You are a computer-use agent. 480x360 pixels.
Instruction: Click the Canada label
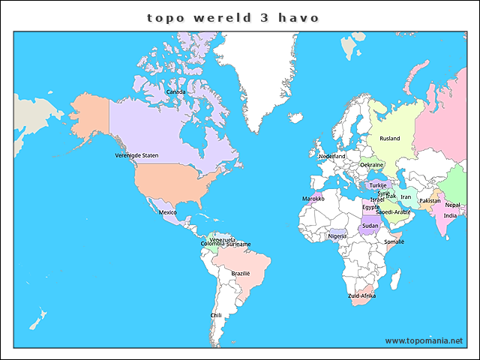click(175, 92)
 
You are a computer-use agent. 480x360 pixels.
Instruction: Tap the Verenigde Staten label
click(136, 155)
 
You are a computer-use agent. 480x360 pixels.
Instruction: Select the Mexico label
click(167, 212)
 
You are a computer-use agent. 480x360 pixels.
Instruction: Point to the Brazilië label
click(241, 274)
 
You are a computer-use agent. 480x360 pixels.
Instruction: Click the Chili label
click(216, 316)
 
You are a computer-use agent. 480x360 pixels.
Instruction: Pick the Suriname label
click(238, 244)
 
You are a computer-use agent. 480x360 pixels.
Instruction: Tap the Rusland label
click(390, 139)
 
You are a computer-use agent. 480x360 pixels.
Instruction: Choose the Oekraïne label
click(372, 165)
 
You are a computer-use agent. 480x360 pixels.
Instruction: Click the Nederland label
click(332, 156)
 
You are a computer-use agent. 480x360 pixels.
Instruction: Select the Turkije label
click(378, 185)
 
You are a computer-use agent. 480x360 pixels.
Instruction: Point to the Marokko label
click(313, 199)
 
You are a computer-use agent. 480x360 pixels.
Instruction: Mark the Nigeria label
click(337, 236)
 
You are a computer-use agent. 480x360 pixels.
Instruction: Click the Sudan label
click(370, 226)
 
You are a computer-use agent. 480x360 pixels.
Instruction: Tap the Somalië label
click(394, 242)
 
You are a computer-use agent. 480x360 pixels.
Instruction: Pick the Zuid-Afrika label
click(362, 296)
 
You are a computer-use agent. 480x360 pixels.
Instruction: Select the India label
click(450, 216)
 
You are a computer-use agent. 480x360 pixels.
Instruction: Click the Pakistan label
click(430, 201)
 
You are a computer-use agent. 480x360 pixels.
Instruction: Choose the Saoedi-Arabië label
click(393, 212)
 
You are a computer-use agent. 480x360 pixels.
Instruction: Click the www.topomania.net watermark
click(424, 341)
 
